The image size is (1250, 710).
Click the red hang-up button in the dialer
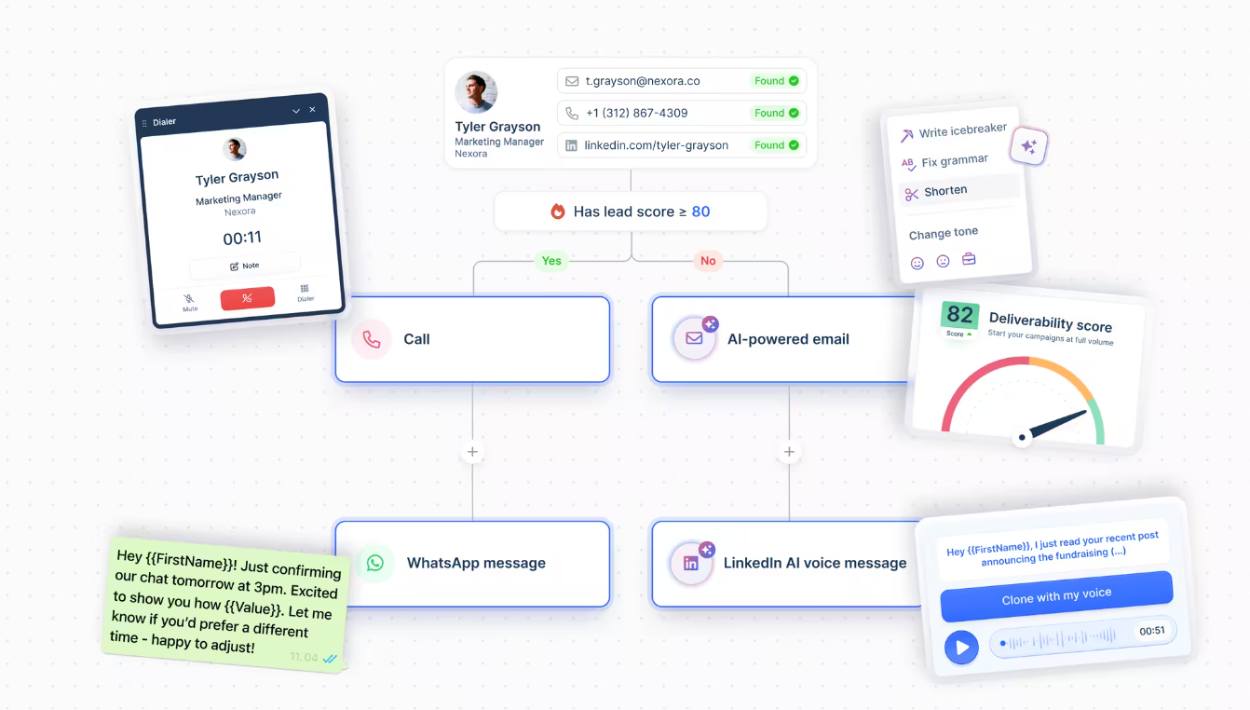[247, 298]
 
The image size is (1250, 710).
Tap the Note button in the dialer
[245, 266]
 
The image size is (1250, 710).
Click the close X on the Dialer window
[313, 109]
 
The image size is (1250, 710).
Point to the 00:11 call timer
[242, 239]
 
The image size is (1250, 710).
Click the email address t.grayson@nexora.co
[643, 81]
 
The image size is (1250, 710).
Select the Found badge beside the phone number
[776, 113]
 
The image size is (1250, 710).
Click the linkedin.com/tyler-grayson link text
[656, 145]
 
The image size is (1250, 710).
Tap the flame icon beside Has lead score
[558, 211]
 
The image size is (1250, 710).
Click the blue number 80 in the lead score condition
[700, 212]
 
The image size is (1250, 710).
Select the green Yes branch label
[551, 261]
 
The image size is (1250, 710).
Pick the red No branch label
[708, 261]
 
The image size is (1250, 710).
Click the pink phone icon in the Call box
[371, 339]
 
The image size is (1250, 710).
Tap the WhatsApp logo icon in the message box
[375, 563]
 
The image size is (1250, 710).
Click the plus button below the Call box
[472, 452]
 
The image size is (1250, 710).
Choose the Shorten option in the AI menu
[945, 191]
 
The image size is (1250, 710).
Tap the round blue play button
[961, 648]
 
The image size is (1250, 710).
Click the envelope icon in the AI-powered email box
[694, 338]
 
